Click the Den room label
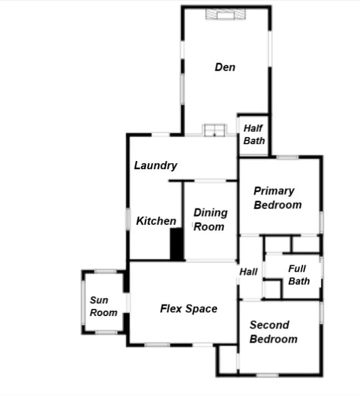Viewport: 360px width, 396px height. pyautogui.click(x=225, y=67)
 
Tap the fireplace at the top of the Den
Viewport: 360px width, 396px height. pyautogui.click(x=226, y=14)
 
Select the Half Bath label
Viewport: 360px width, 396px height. pyautogui.click(x=254, y=135)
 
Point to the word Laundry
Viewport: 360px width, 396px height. pyautogui.click(x=155, y=166)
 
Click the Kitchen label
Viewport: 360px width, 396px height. pyautogui.click(x=156, y=221)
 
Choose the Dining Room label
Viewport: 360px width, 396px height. pyautogui.click(x=210, y=220)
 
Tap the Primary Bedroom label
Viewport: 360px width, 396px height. pyautogui.click(x=277, y=198)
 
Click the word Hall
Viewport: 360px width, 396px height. pyautogui.click(x=248, y=272)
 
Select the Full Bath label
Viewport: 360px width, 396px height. pyautogui.click(x=299, y=275)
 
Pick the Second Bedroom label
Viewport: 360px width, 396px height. pyautogui.click(x=274, y=332)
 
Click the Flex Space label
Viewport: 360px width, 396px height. pyautogui.click(x=189, y=308)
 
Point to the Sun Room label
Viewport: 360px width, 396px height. pyautogui.click(x=104, y=306)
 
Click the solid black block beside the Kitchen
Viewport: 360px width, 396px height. pyautogui.click(x=176, y=244)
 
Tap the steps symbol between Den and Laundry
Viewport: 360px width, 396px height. pyautogui.click(x=214, y=130)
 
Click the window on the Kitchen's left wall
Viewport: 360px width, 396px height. pyautogui.click(x=128, y=219)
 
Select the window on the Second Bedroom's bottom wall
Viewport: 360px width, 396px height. pyautogui.click(x=267, y=375)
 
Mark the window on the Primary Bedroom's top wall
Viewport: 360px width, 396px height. pyautogui.click(x=287, y=157)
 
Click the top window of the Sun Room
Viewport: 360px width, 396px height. pyautogui.click(x=105, y=272)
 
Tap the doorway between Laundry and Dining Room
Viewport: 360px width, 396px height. pyautogui.click(x=210, y=181)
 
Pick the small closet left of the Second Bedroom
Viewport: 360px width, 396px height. pyautogui.click(x=228, y=360)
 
